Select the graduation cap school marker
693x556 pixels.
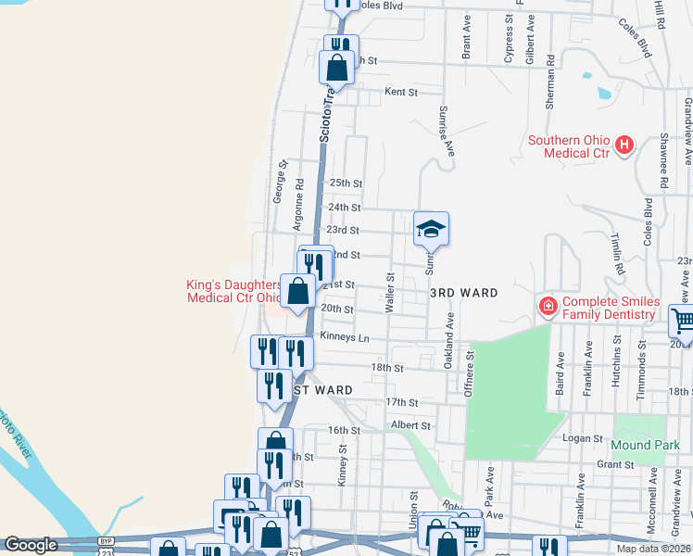pos(431,228)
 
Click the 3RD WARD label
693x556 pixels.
pos(464,293)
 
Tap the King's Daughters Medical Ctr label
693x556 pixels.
pos(233,293)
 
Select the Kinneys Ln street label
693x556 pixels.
pos(344,336)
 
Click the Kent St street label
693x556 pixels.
pos(401,93)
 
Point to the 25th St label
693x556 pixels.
pos(345,183)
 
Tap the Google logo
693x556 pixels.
pos(31,545)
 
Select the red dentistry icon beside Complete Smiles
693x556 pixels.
pos(548,305)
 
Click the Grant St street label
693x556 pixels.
pos(613,464)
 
